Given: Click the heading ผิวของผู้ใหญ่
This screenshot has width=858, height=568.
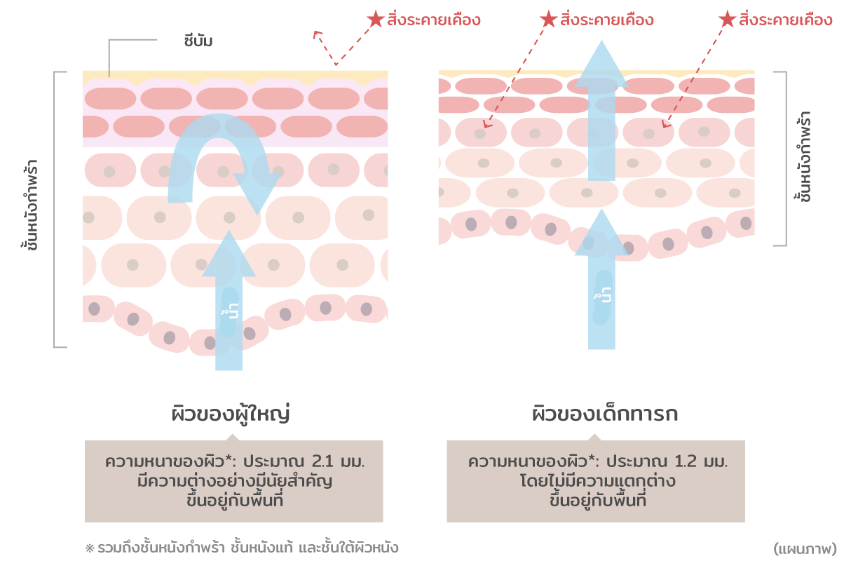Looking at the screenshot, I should (231, 414).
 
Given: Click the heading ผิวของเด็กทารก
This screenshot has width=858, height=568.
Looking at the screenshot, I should (604, 414).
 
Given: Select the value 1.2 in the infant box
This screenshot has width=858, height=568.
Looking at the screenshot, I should (688, 463).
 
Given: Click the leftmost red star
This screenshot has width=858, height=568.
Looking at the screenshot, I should (376, 19).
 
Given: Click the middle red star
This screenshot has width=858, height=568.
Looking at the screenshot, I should (550, 19).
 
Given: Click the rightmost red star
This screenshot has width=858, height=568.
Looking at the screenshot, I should (728, 19).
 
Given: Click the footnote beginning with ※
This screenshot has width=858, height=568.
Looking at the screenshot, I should (242, 548).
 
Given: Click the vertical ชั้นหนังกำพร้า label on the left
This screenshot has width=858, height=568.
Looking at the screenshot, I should (30, 205).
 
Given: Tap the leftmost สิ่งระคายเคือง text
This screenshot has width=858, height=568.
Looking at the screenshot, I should (434, 20).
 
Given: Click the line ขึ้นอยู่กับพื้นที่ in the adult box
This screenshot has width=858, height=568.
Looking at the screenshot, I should (234, 501).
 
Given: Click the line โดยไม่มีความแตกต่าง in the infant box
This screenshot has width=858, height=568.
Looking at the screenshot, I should (597, 482).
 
